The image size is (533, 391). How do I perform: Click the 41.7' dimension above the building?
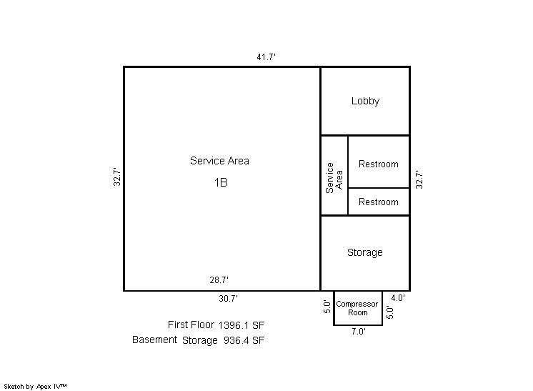(x=266, y=56)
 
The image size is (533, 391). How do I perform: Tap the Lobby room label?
(x=365, y=101)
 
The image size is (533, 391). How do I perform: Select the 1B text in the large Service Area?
(x=221, y=182)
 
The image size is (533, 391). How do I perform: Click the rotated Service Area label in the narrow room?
(x=334, y=178)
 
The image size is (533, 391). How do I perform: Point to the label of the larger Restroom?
(x=379, y=164)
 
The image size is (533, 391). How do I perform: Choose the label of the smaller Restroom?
(x=379, y=202)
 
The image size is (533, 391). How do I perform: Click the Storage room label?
(x=364, y=252)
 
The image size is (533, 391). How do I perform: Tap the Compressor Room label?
(x=357, y=308)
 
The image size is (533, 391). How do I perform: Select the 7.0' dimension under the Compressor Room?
(x=359, y=332)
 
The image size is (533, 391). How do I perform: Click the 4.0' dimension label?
(x=398, y=298)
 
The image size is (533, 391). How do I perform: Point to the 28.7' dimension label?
(x=219, y=280)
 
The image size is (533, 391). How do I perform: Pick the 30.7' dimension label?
(x=228, y=299)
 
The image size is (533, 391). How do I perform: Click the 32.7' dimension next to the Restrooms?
(x=419, y=179)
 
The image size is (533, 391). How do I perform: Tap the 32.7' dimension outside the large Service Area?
(x=117, y=177)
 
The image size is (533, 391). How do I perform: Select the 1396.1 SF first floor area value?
(x=241, y=325)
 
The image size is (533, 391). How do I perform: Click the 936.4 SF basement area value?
(x=244, y=340)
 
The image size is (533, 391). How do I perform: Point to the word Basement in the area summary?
(x=154, y=340)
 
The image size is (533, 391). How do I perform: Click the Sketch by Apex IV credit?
(x=35, y=387)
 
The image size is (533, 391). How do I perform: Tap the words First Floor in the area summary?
(x=191, y=325)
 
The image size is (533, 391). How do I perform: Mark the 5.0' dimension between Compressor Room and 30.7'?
(x=327, y=307)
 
